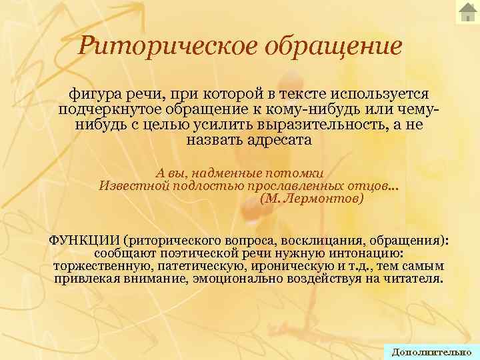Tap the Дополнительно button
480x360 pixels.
click(431, 352)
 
